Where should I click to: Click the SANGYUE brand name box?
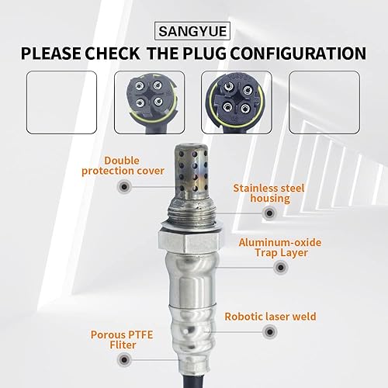pos(193,33)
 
